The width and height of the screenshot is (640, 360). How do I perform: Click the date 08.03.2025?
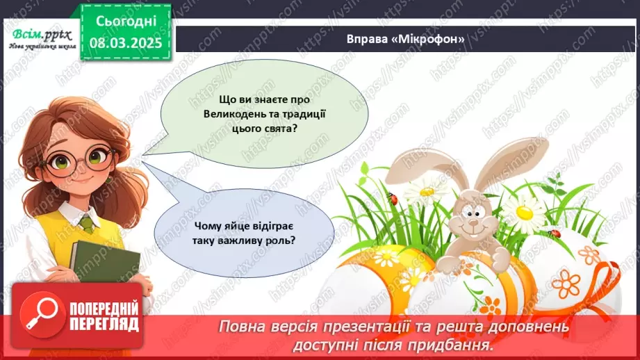pyautogui.click(x=125, y=43)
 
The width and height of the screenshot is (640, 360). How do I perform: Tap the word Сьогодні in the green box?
pyautogui.click(x=125, y=21)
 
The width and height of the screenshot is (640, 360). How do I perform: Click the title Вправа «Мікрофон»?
pyautogui.click(x=405, y=39)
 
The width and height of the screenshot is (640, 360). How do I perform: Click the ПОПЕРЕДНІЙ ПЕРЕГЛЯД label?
pyautogui.click(x=103, y=317)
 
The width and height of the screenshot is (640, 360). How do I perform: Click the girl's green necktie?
pyautogui.click(x=85, y=223)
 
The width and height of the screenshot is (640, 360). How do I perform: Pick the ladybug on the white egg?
pyautogui.click(x=554, y=232)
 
